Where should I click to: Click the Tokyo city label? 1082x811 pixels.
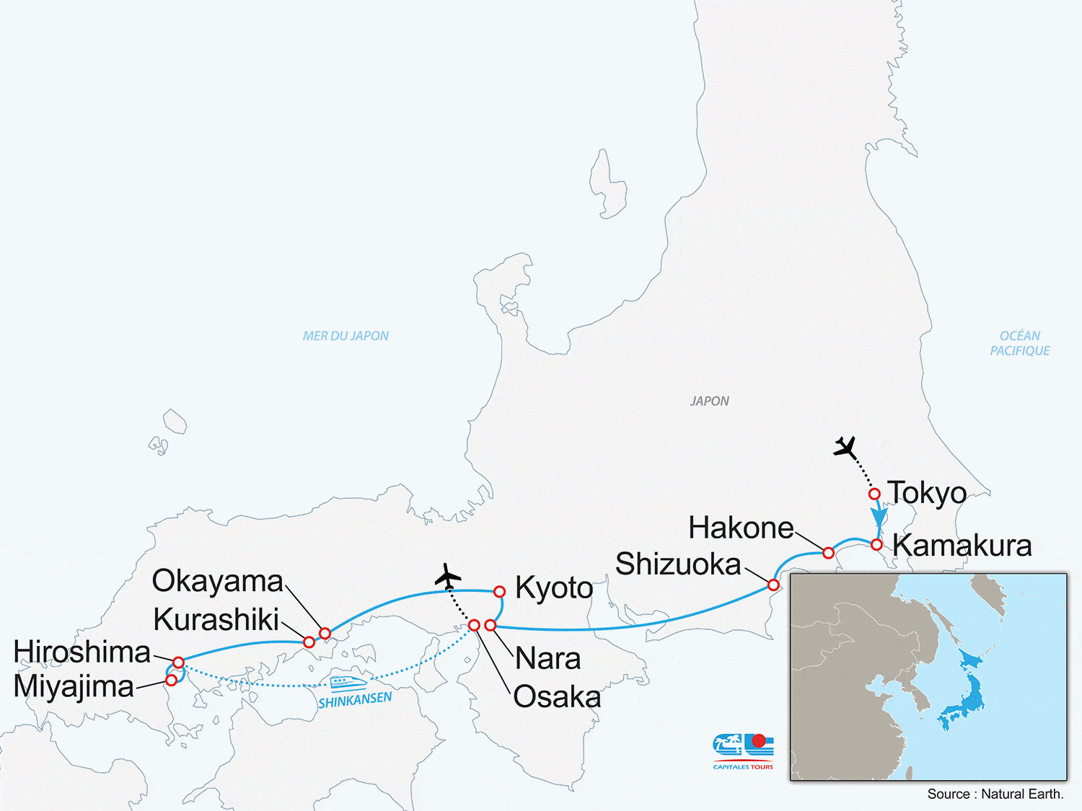click(x=927, y=493)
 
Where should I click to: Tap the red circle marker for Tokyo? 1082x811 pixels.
click(x=874, y=494)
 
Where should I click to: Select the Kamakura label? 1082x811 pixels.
click(x=962, y=546)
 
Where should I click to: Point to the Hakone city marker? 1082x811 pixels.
click(x=828, y=553)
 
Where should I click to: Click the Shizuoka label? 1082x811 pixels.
click(x=678, y=564)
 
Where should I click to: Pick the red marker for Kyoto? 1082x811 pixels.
click(x=499, y=592)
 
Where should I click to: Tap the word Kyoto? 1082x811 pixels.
click(x=554, y=588)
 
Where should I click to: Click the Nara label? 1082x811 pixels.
click(x=547, y=659)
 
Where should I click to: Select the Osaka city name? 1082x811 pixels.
click(x=557, y=697)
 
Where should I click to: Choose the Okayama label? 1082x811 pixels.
click(x=218, y=581)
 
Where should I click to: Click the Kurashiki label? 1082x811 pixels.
click(x=216, y=619)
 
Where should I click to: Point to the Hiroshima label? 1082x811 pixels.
click(x=82, y=652)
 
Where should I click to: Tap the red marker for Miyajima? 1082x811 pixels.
click(x=172, y=680)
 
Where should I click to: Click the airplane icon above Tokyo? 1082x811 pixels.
click(x=845, y=448)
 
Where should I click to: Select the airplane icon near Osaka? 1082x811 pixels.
click(x=448, y=576)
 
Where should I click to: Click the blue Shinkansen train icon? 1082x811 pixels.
click(x=348, y=682)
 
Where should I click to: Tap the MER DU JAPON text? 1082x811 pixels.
click(x=346, y=336)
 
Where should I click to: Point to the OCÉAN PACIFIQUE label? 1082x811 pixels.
click(x=1019, y=343)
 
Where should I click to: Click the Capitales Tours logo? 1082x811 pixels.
click(x=743, y=750)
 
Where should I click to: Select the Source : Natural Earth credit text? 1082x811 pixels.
click(x=995, y=794)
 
